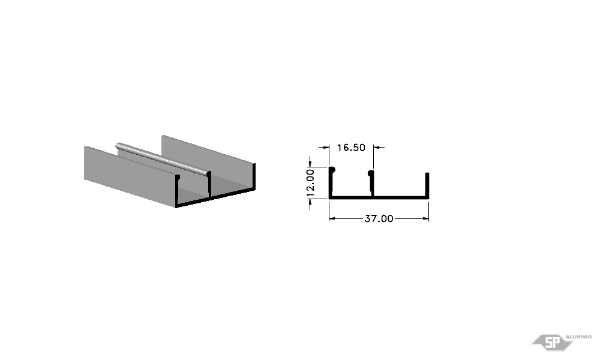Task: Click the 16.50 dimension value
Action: pos(351,148)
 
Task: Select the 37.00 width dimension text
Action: pos(379,219)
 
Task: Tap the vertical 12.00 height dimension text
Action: pos(310,183)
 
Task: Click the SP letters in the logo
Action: pos(552,343)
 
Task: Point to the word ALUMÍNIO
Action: pos(578,337)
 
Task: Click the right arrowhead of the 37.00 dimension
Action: pos(425,218)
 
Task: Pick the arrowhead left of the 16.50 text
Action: pos(326,147)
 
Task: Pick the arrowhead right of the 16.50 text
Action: pos(377,147)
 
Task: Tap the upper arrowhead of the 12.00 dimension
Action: pos(310,163)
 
